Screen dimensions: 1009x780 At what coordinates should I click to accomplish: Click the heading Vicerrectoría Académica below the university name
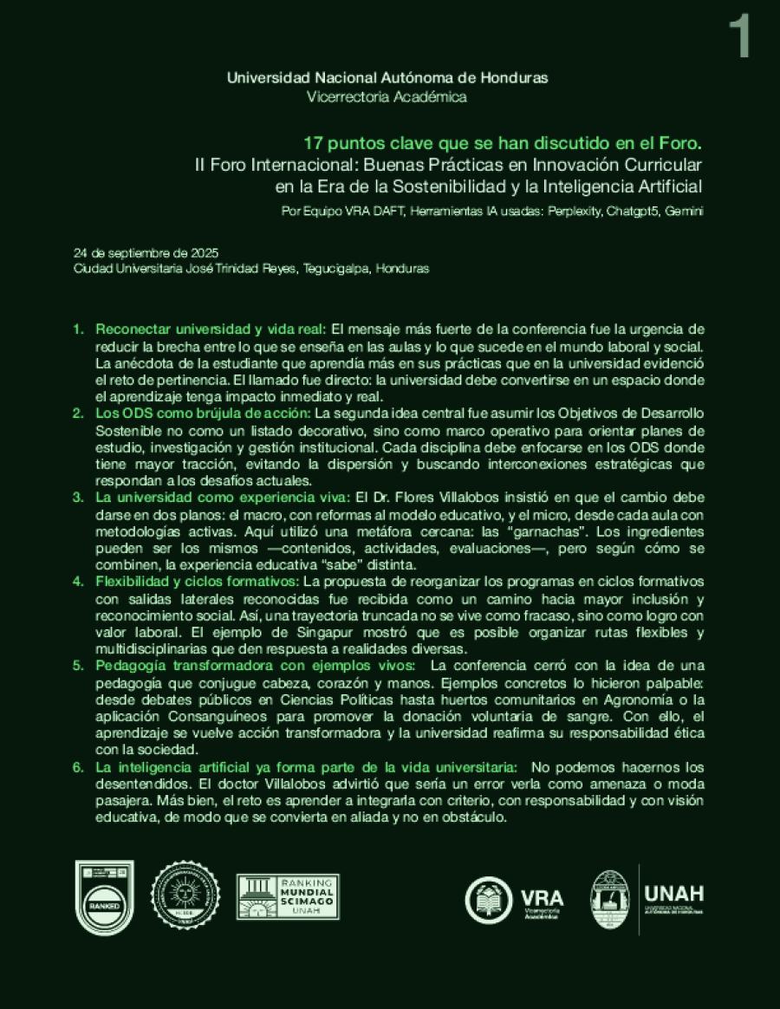[387, 97]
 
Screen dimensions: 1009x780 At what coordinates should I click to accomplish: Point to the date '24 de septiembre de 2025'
[143, 254]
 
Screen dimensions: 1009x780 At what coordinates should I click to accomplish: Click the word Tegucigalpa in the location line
[336, 269]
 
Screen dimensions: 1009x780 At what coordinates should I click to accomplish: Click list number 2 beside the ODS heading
[78, 413]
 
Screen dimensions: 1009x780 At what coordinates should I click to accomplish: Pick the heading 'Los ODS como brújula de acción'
[202, 413]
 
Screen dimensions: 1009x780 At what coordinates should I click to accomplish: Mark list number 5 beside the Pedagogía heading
[78, 666]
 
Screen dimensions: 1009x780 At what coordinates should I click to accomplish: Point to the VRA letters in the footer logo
[542, 896]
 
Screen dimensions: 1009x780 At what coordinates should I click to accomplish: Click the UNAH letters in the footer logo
[674, 893]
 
